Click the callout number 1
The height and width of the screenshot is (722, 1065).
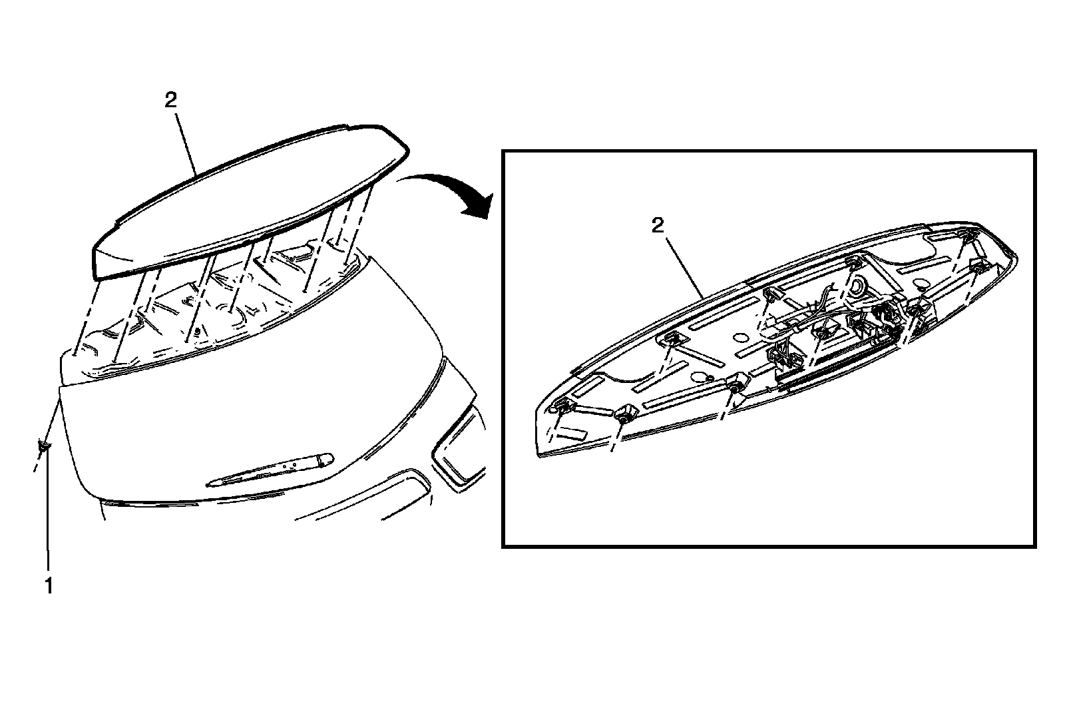pyautogui.click(x=48, y=585)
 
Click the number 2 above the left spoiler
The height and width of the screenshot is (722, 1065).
pyautogui.click(x=171, y=101)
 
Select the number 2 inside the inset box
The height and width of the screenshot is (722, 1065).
pyautogui.click(x=657, y=226)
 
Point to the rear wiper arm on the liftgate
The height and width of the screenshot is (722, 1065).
pyautogui.click(x=273, y=469)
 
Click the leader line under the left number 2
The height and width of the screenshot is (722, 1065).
pyautogui.click(x=187, y=143)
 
